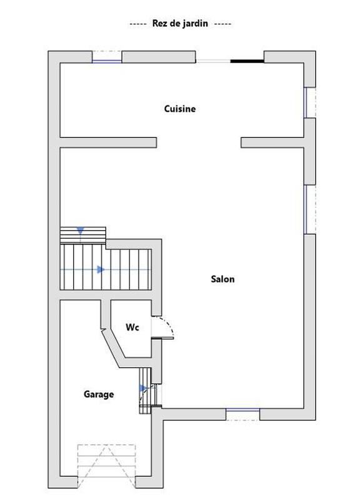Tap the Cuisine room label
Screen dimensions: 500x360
(180, 109)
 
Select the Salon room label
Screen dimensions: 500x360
(222, 279)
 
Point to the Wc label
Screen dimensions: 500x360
(132, 327)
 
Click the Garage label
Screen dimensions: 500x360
(99, 394)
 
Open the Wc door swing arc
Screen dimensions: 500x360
(165, 325)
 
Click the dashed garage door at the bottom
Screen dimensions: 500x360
(106, 465)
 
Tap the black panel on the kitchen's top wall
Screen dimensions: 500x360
(247, 61)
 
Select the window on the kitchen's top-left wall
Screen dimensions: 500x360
(107, 61)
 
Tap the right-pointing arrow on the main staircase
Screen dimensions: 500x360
(101, 269)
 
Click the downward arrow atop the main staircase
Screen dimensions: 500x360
(80, 231)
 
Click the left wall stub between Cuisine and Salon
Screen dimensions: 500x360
(108, 143)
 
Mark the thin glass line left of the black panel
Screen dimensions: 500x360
(213, 61)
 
